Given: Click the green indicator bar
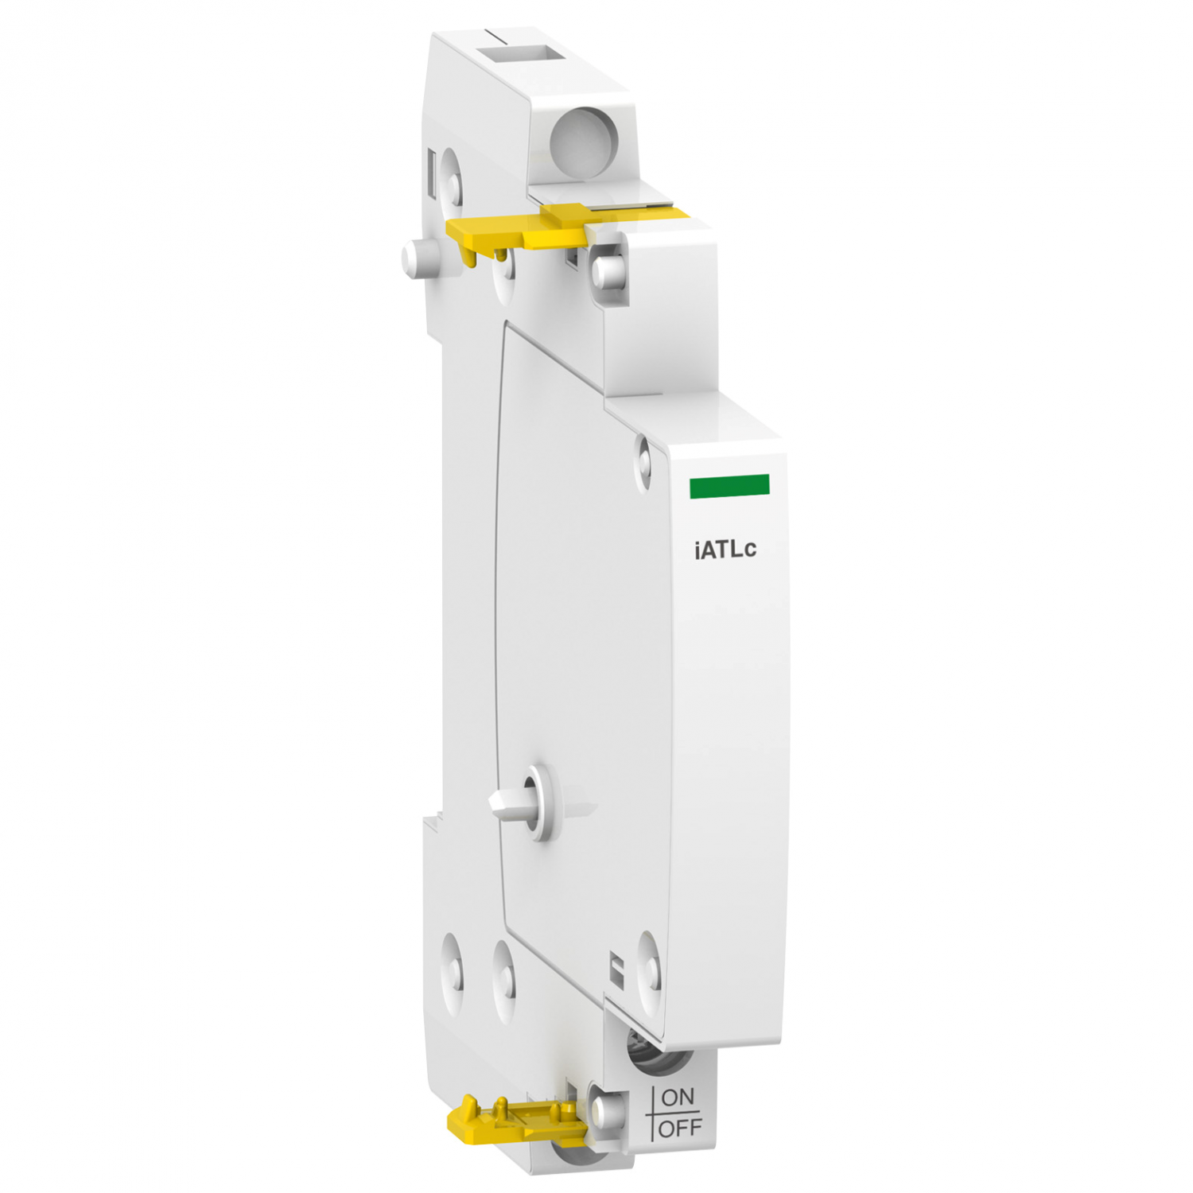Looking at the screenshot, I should tap(729, 486).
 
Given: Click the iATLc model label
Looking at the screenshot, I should tap(725, 550).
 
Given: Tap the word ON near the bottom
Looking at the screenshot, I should tap(678, 1098).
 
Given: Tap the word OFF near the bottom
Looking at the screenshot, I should tap(681, 1128).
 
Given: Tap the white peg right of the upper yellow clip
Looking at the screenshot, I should tap(608, 268).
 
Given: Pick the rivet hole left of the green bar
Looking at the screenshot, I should tap(644, 460).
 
